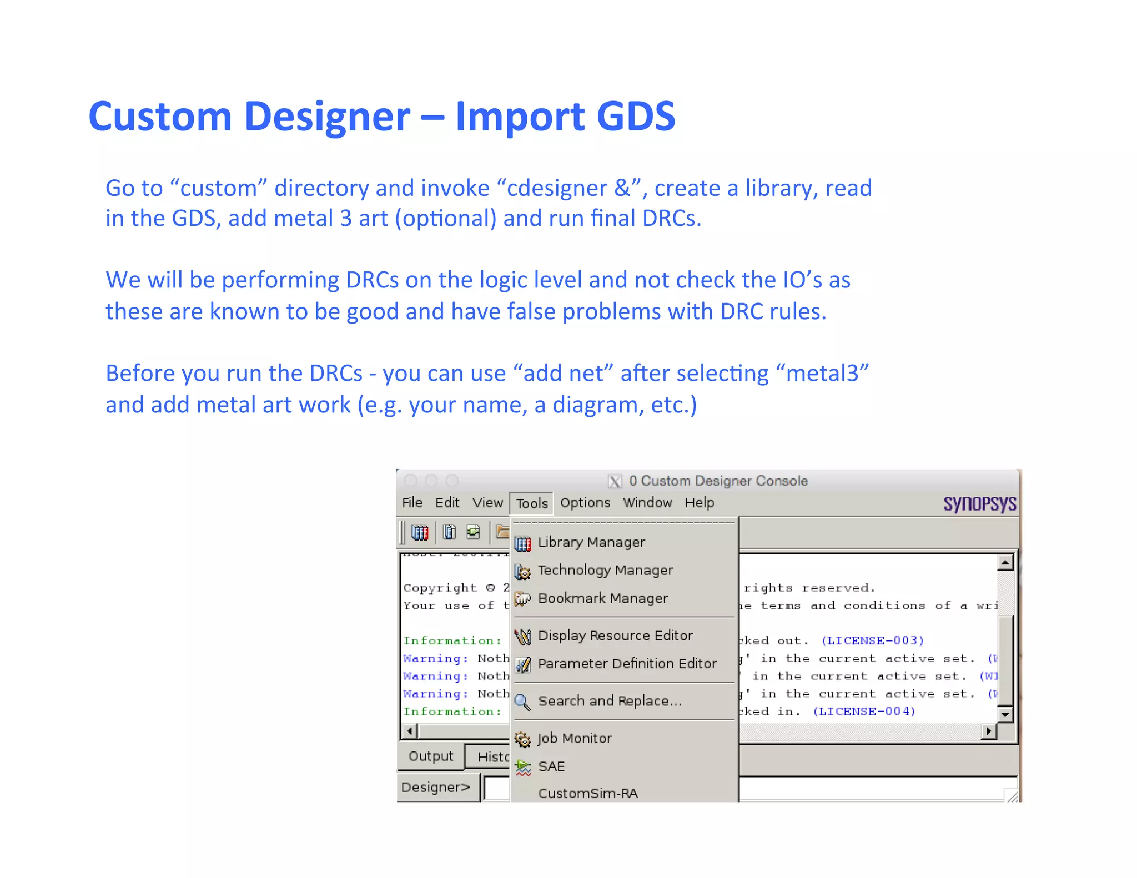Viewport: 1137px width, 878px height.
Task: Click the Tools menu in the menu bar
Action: point(531,503)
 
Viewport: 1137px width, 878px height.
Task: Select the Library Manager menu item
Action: point(591,542)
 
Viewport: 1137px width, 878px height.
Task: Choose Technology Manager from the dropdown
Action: point(605,571)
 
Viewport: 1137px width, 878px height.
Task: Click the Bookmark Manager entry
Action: point(602,598)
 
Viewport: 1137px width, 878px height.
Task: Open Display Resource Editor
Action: point(615,635)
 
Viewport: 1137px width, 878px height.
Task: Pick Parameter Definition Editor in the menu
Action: point(627,664)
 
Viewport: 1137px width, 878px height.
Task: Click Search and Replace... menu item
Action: point(609,701)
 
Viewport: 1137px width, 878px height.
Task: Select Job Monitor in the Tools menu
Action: point(574,739)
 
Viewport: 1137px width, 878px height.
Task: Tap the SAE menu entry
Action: point(551,766)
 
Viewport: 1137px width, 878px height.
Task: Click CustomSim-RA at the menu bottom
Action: point(587,793)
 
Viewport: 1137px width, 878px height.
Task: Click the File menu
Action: point(412,503)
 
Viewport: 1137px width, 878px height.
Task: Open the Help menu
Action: point(699,503)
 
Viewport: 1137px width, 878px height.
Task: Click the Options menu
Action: point(585,503)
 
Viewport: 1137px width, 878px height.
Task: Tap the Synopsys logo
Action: point(979,504)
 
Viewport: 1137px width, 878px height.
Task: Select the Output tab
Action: point(431,756)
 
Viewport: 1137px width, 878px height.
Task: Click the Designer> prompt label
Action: point(436,787)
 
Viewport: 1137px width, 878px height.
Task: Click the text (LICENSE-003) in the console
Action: point(872,640)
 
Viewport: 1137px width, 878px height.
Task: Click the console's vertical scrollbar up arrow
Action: point(1005,563)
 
